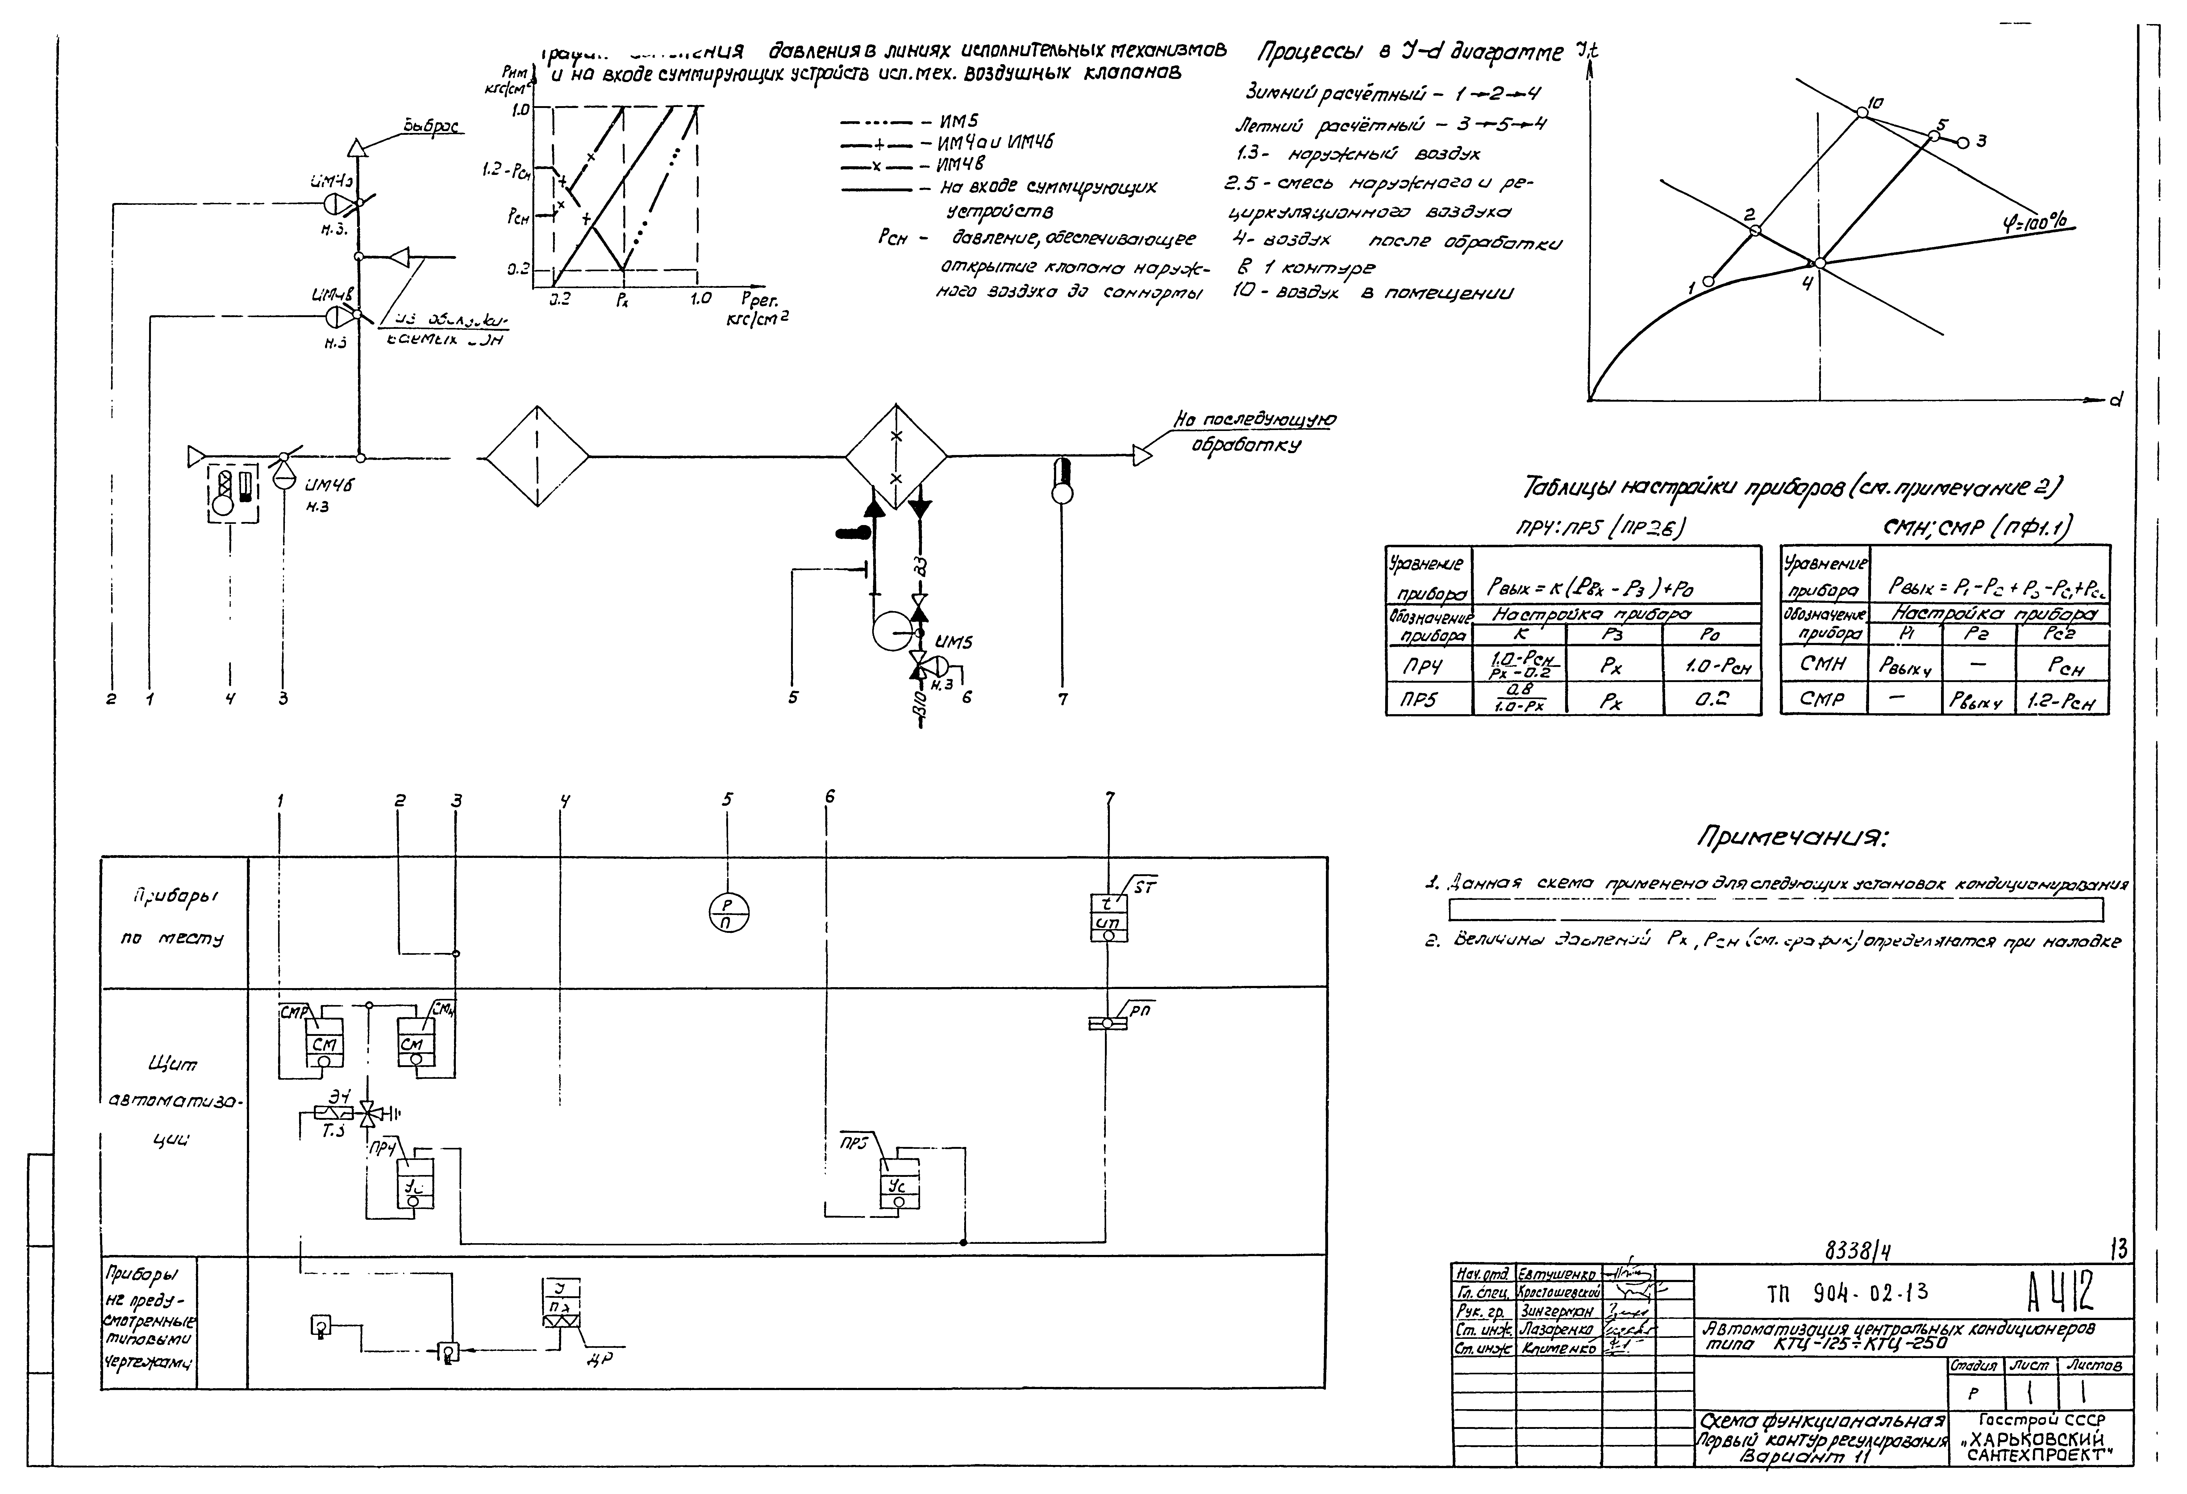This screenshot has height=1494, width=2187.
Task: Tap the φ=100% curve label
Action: tap(2035, 222)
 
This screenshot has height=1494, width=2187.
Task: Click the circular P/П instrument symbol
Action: tap(728, 912)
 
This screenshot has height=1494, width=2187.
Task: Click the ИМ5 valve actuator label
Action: tap(953, 643)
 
